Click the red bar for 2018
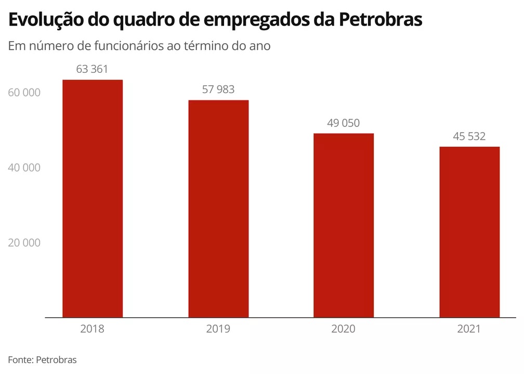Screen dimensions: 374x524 [93, 198]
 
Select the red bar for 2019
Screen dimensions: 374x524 [218, 208]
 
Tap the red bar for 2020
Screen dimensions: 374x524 [344, 225]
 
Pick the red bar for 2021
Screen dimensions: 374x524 [469, 231]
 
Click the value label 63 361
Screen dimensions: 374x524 [92, 69]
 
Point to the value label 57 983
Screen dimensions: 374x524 [218, 89]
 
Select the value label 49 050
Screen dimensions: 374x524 [343, 123]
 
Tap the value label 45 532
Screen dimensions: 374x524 [469, 136]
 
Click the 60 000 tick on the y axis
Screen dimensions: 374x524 [24, 93]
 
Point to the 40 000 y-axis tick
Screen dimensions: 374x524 [24, 168]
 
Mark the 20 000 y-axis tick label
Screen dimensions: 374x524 [24, 243]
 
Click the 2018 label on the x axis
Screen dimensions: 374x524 [93, 329]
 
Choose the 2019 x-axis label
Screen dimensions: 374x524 [218, 329]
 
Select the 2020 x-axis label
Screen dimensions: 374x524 [344, 329]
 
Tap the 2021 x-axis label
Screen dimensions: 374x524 [469, 329]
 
